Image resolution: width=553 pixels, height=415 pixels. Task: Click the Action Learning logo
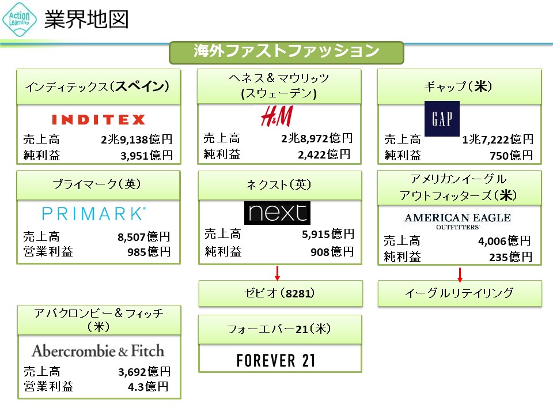pos(20,20)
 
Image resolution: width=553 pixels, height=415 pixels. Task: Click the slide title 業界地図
pos(86,20)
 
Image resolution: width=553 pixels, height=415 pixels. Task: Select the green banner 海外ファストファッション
pos(286,52)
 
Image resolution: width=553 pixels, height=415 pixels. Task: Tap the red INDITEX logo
pos(99,119)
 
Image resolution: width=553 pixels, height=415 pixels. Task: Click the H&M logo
pos(276,116)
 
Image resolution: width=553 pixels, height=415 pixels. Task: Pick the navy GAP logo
pos(442,119)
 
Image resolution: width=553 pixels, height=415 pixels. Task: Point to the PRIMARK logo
pos(94,214)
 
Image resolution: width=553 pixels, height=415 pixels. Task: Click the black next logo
pos(277,213)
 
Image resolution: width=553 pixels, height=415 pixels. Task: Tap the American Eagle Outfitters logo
pos(457,220)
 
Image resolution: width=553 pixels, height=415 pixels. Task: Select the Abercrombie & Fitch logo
pos(98,350)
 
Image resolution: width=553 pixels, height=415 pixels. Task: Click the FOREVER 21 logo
pos(276,361)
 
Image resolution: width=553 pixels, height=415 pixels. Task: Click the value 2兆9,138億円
pos(136,139)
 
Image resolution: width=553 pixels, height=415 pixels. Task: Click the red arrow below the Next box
pos(277,272)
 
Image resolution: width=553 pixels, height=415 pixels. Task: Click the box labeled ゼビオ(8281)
pos(281,293)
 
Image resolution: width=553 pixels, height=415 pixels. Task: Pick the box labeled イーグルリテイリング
pos(459,293)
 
